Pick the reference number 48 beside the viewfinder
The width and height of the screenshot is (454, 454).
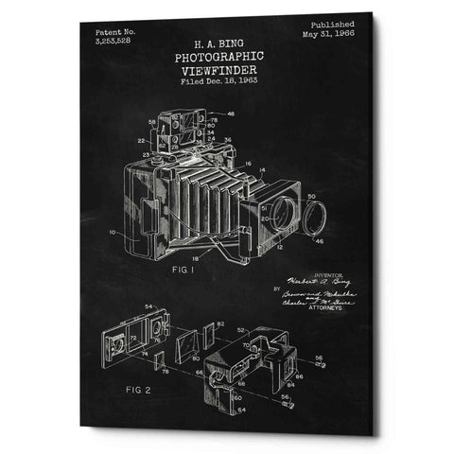pos(233,115)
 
